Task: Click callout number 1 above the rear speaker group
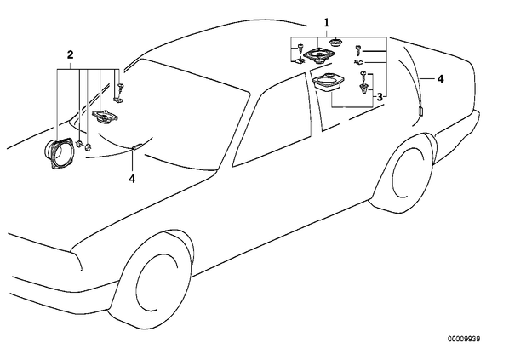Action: point(327,23)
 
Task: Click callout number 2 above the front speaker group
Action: point(70,54)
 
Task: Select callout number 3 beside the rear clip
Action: point(380,97)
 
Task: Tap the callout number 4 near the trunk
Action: point(440,79)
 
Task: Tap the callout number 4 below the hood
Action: point(132,179)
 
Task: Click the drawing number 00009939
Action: point(464,339)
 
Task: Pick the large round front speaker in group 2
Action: point(58,153)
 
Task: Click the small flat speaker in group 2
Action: point(105,117)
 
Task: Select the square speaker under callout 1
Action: point(316,55)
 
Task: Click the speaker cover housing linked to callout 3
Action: point(329,83)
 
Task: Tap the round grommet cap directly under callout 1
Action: point(335,43)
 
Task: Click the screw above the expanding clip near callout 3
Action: point(363,77)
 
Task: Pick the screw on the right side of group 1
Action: point(358,49)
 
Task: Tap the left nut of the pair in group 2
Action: point(79,144)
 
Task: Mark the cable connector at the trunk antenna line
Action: point(420,111)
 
